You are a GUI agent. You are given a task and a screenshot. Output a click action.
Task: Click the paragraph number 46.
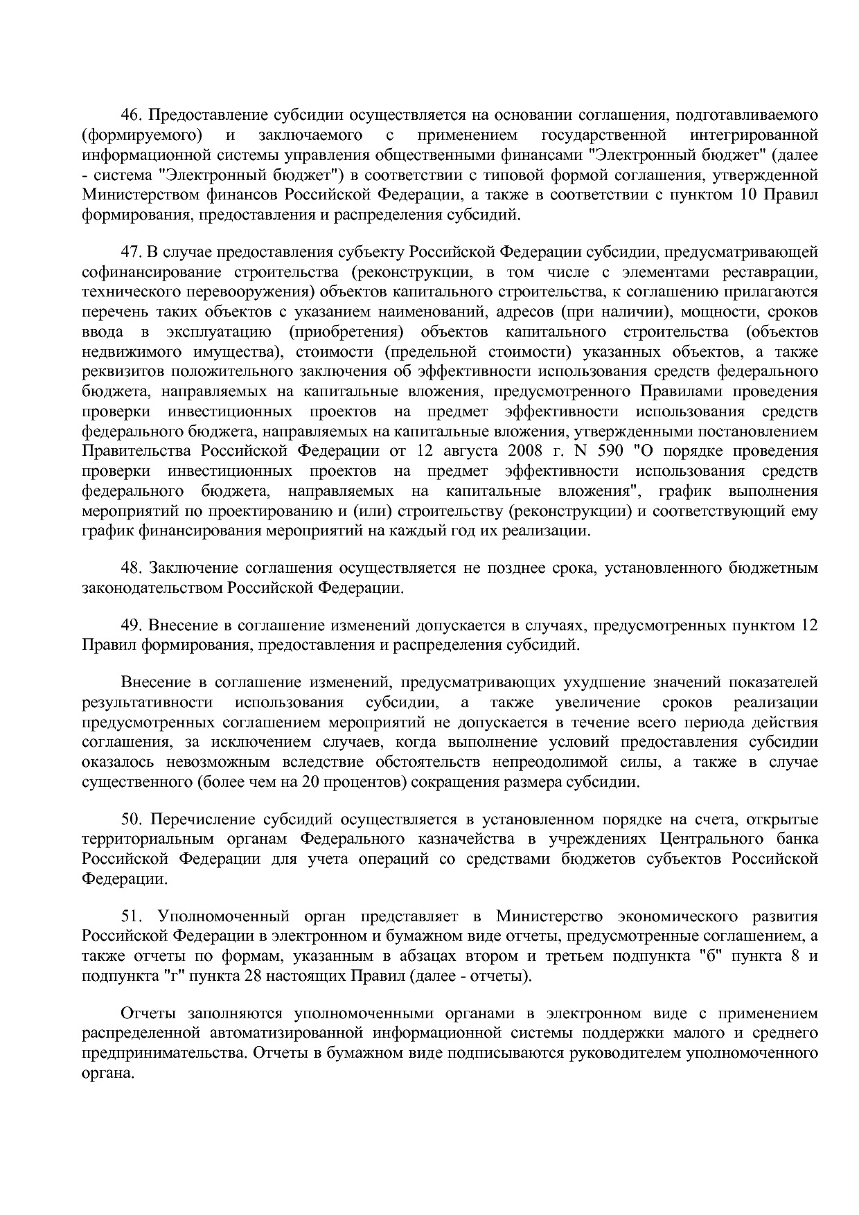click(132, 114)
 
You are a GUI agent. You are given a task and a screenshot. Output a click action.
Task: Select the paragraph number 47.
click(132, 251)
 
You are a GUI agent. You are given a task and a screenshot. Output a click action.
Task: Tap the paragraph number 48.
click(132, 568)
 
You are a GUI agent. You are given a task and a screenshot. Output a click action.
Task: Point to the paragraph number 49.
click(132, 626)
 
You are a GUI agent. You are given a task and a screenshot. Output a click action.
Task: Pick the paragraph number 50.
click(132, 819)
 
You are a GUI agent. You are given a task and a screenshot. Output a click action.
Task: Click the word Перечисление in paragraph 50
click(202, 819)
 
